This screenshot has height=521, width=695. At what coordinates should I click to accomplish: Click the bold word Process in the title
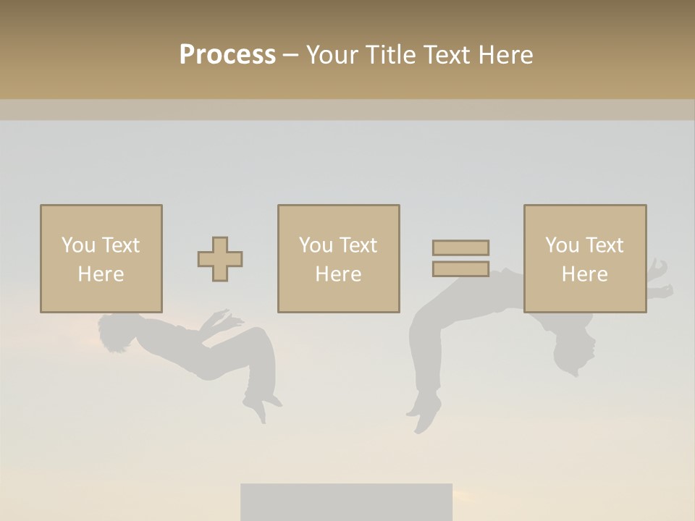227,55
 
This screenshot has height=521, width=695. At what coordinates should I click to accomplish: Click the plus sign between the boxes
220,259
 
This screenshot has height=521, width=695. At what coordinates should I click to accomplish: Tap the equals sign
460,258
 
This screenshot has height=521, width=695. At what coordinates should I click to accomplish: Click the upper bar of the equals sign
460,248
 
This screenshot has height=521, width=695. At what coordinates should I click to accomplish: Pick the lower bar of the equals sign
460,268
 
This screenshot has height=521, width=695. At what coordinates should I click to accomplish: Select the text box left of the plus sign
101,258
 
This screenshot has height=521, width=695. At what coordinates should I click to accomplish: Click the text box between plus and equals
338,258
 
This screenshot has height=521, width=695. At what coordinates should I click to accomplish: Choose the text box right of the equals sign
584,258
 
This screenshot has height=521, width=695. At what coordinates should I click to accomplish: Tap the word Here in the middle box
338,274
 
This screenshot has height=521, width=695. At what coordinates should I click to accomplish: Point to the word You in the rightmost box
562,245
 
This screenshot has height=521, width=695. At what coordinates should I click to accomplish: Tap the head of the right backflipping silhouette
572,355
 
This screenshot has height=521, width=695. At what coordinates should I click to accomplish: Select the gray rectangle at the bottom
346,502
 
